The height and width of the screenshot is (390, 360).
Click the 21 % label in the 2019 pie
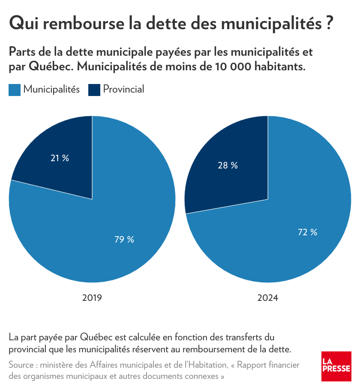click(x=60, y=158)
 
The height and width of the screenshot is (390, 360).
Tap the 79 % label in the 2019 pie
click(x=124, y=240)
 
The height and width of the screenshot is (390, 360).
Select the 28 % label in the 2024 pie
click(x=228, y=165)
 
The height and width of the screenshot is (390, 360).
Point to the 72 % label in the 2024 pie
click(x=308, y=232)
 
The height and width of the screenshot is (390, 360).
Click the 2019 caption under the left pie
click(x=92, y=297)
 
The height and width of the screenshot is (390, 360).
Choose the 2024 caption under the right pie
click(x=268, y=297)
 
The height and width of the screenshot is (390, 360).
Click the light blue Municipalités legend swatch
click(x=15, y=90)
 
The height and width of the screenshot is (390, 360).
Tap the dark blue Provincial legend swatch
click(x=94, y=90)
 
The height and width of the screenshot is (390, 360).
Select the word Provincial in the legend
click(x=123, y=89)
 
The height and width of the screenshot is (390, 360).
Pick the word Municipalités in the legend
click(x=51, y=89)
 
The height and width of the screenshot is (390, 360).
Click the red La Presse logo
click(x=336, y=366)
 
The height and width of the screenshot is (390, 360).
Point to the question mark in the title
click(x=328, y=23)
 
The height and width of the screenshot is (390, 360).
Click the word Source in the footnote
click(x=21, y=365)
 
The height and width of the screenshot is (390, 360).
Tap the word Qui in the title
click(x=23, y=23)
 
